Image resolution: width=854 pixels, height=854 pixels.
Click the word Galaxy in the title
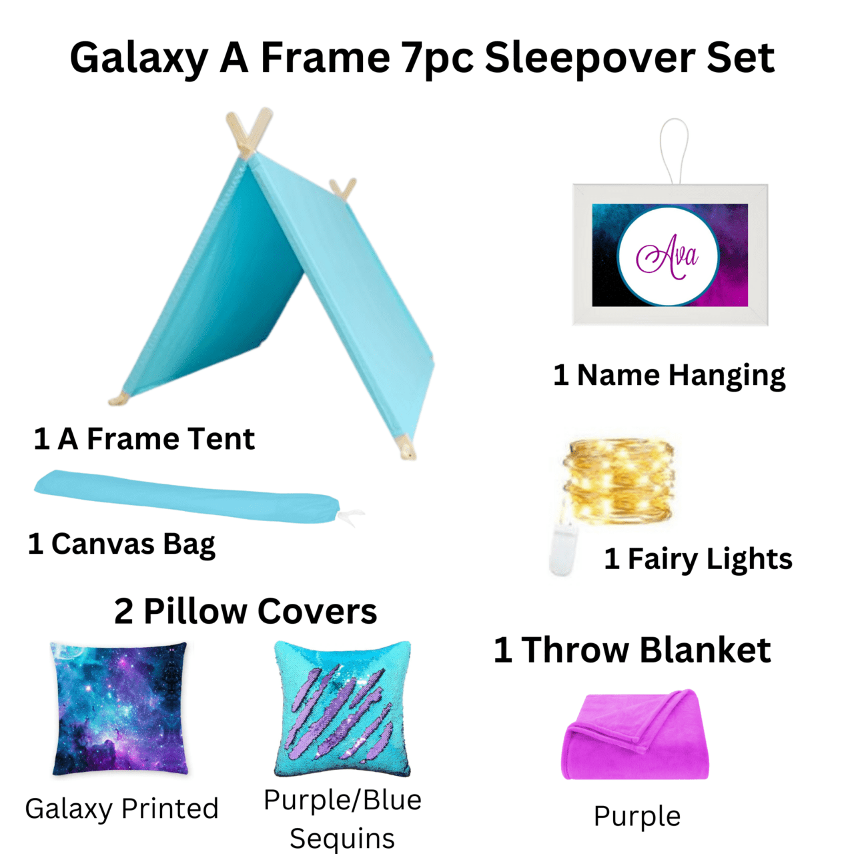coord(139,58)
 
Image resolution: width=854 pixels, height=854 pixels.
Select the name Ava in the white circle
coord(667,256)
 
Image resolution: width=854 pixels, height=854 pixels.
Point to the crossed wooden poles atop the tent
coord(248,132)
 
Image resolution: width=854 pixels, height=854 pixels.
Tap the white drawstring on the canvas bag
coord(351,516)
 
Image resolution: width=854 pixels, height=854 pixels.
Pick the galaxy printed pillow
coord(120,709)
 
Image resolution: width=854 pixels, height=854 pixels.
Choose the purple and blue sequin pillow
coord(342,709)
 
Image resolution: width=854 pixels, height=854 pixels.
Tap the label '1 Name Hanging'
coord(669,376)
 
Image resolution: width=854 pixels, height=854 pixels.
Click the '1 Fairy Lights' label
coord(698,559)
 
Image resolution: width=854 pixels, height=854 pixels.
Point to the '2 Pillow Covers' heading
coord(246,611)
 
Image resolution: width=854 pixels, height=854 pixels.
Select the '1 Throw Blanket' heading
coord(632,650)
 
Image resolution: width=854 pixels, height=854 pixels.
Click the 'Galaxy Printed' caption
coord(122,809)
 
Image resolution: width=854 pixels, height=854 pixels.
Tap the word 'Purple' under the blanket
coord(637,817)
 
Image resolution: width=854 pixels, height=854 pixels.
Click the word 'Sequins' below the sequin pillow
coord(342,838)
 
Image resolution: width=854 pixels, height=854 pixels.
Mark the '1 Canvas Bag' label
coord(122,544)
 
